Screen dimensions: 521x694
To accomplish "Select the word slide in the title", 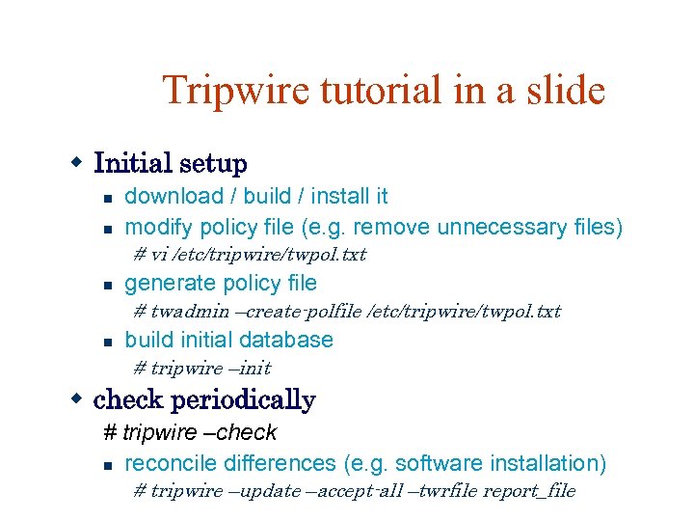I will click(x=563, y=91).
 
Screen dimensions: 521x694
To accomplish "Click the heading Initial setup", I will click(x=170, y=164).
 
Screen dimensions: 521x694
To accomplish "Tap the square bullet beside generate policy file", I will click(x=110, y=286).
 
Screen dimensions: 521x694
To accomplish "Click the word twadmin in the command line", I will click(x=190, y=312).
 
